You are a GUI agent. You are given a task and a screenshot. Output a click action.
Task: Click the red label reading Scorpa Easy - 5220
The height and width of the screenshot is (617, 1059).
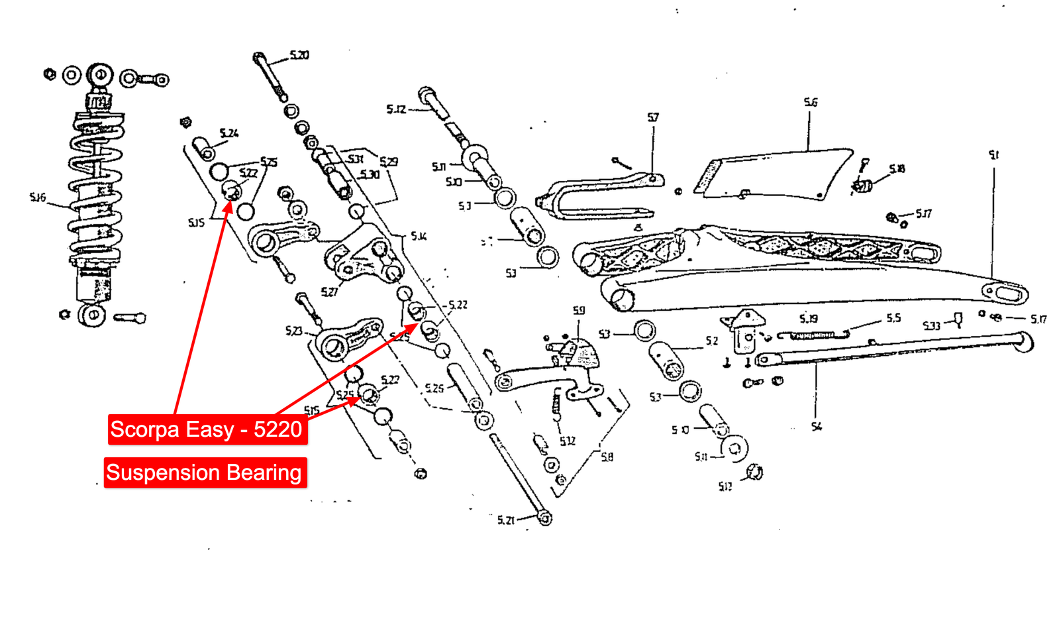207,429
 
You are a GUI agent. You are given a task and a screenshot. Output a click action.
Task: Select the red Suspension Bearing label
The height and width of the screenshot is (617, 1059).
205,473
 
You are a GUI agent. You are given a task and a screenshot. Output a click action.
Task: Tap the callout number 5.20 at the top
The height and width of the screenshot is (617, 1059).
299,55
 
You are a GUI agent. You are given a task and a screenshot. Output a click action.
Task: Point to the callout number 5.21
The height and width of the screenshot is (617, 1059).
505,520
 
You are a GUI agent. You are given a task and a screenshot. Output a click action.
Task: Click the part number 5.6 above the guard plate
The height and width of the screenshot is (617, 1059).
811,102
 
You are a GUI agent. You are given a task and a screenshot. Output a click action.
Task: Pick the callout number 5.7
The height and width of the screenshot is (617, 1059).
653,117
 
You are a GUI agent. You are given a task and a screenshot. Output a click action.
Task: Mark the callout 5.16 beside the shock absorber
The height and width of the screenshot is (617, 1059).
38,197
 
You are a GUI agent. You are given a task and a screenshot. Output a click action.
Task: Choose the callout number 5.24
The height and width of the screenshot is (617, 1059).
228,133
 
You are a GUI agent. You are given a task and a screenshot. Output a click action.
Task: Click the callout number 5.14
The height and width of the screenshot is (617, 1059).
419,236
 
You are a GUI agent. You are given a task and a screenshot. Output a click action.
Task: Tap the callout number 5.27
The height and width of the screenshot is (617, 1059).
329,292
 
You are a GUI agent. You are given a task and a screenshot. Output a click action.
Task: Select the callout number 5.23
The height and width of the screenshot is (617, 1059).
293,330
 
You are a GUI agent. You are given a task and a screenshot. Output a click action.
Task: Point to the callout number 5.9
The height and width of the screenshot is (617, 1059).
579,310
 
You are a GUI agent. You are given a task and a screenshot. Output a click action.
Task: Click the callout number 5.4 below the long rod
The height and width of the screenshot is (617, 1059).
817,427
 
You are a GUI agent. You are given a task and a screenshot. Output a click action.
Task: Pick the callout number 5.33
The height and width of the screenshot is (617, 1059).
931,325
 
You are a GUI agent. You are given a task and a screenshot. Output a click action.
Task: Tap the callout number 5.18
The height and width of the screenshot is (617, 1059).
897,169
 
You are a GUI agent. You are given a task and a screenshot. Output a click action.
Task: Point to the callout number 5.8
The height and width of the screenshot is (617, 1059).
607,457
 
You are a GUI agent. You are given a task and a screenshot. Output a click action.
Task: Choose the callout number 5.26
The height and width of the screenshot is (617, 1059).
434,388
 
